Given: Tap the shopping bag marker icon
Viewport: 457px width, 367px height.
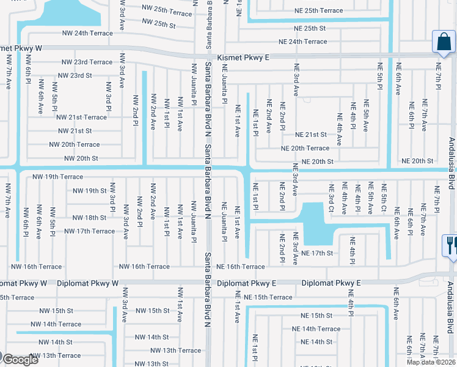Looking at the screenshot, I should (444, 42).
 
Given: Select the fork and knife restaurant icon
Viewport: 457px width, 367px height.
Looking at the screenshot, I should (450, 245).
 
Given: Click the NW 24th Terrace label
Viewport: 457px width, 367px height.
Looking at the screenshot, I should (87, 33).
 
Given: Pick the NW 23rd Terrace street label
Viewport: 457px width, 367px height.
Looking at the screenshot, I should (87, 62).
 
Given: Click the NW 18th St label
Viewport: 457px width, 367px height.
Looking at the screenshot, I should (89, 217).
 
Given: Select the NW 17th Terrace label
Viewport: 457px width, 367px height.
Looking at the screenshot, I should (89, 231).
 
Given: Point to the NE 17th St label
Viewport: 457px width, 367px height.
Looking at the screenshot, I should (316, 253).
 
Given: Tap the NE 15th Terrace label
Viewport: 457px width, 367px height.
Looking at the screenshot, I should (268, 297).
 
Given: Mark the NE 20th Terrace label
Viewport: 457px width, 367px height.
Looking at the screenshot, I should (305, 148).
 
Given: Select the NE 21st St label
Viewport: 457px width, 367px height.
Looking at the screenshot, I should (311, 135).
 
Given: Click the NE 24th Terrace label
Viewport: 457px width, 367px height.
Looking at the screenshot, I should (302, 42).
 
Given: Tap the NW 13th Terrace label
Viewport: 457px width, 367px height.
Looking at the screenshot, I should (176, 350).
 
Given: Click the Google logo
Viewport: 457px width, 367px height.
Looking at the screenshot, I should (20, 360).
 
